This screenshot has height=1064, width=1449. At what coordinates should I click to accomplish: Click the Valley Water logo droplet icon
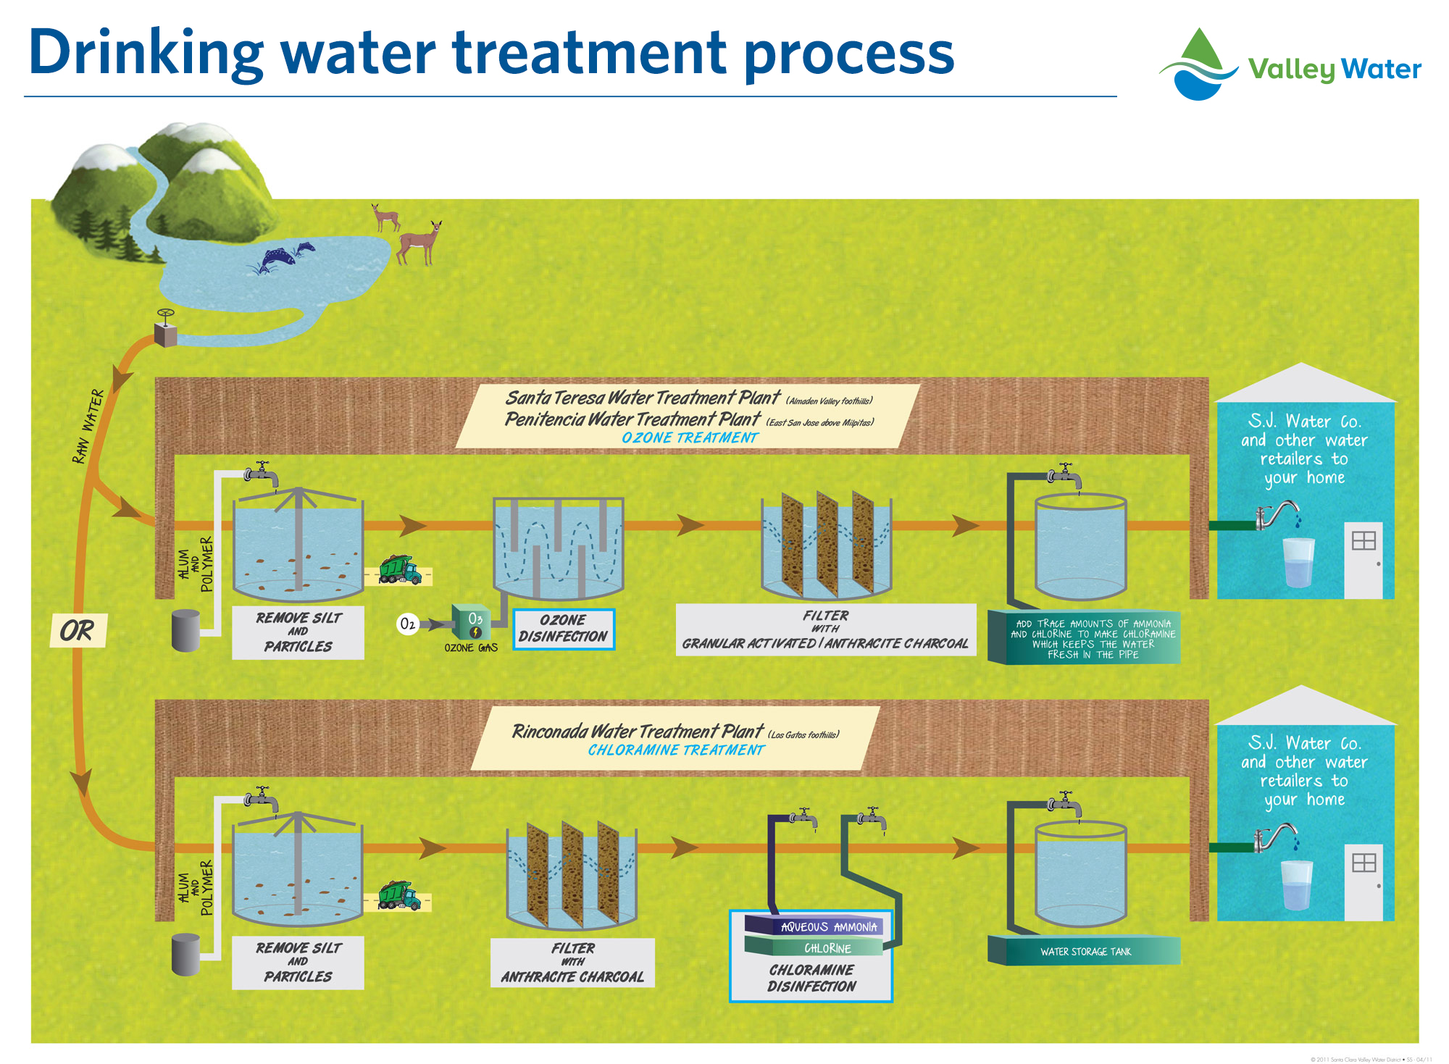click(1199, 65)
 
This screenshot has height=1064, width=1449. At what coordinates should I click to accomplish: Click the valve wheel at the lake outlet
click(166, 315)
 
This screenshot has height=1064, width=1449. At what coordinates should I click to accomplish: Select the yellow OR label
click(78, 630)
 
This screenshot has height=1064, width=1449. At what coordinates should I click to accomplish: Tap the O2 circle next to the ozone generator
click(408, 624)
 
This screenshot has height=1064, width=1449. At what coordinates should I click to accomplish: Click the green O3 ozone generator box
click(472, 624)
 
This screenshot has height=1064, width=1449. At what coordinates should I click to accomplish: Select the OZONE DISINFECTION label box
click(563, 629)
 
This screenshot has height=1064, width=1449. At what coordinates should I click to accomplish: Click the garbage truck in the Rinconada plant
click(398, 896)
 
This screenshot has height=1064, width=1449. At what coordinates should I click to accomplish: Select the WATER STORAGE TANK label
click(1085, 951)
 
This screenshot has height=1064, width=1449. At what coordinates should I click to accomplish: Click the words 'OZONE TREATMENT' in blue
click(689, 437)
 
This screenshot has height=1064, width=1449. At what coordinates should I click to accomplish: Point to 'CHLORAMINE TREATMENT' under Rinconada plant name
click(675, 750)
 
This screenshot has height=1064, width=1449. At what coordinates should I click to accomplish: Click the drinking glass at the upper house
click(1298, 562)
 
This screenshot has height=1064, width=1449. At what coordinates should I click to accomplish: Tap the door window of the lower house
click(1364, 862)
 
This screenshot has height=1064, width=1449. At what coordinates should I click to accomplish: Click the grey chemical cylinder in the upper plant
click(185, 630)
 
